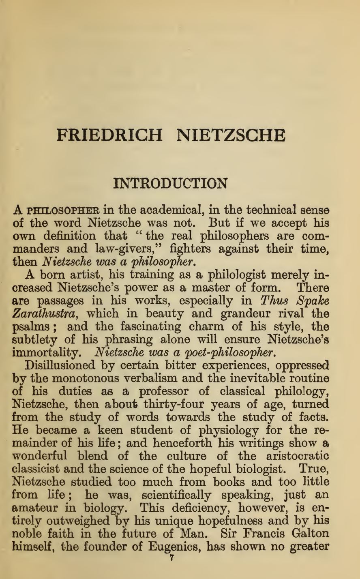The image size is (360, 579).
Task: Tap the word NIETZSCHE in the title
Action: click(x=231, y=135)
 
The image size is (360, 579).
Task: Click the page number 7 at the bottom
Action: click(x=171, y=558)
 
